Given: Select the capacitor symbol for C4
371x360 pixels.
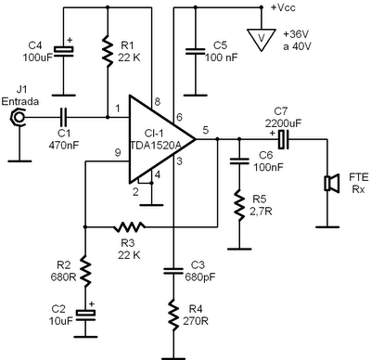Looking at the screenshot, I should click(x=64, y=49).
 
